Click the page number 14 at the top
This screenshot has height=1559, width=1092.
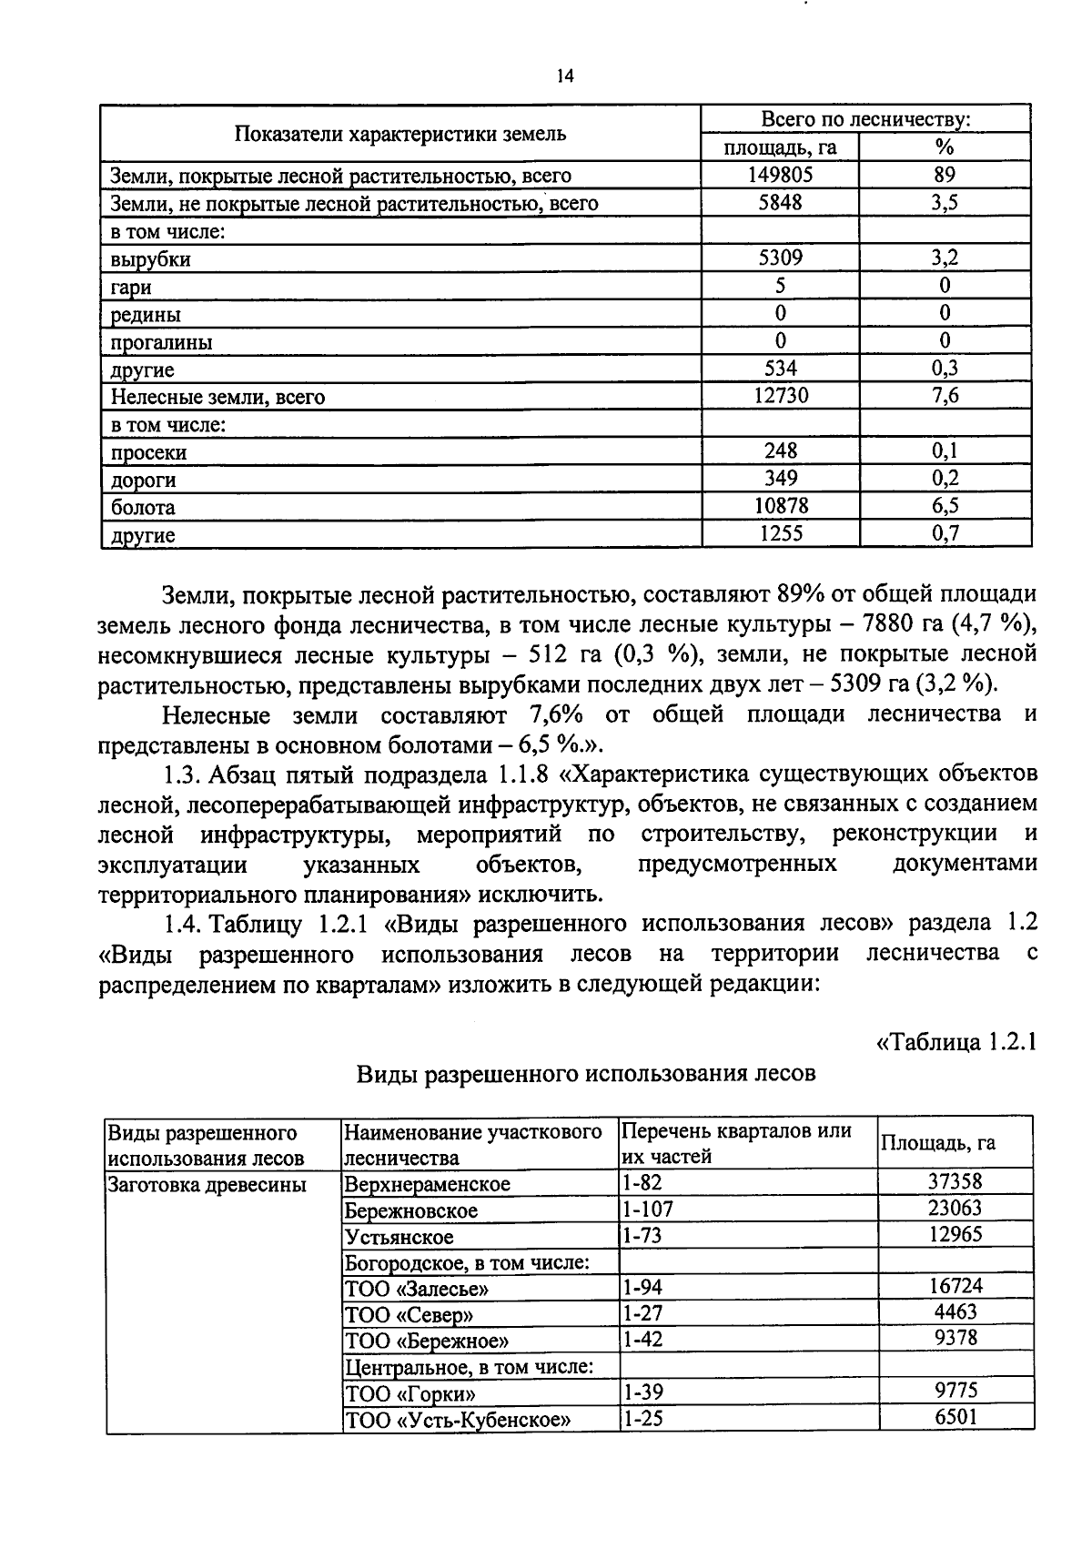pos(565,76)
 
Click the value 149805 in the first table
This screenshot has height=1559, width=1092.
pos(779,175)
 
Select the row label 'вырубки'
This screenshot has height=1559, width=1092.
pos(150,259)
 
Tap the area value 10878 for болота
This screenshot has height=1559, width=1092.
pos(779,506)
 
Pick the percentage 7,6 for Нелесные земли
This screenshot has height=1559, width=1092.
pos(945,395)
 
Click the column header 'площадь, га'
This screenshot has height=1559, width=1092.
pos(779,147)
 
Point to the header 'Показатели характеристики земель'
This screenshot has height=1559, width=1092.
pos(400,134)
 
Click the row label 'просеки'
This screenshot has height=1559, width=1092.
pos(148,452)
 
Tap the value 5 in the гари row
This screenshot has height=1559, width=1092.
pos(780,286)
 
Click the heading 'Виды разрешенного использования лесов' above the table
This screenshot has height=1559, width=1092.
pos(585,1074)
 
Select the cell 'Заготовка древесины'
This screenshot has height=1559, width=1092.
pos(207,1184)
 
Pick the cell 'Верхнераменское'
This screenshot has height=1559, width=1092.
pos(427,1184)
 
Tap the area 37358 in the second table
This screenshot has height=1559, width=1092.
pos(955,1182)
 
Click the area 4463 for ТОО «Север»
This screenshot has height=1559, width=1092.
pos(955,1312)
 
